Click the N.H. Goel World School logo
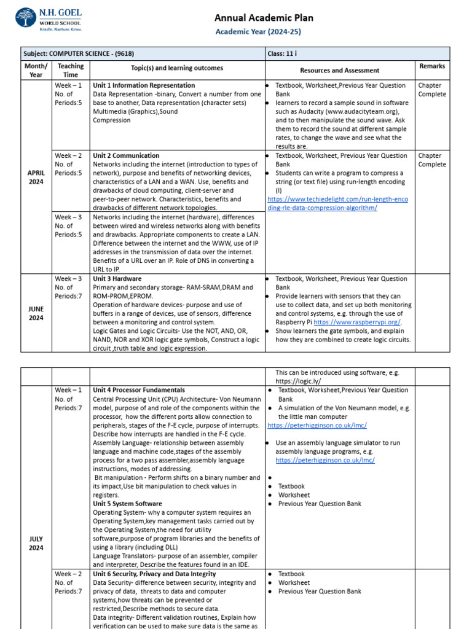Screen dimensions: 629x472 [x=49, y=19]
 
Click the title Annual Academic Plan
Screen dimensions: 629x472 [x=258, y=18]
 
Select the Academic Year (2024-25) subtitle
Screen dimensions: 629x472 [x=258, y=32]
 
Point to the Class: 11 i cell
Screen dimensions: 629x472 [x=285, y=53]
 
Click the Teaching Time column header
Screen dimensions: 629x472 [x=71, y=70]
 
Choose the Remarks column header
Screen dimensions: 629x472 [x=432, y=66]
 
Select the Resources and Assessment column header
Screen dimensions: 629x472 [x=339, y=71]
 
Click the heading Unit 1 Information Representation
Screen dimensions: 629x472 [x=144, y=85]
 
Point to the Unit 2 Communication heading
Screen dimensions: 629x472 [x=126, y=155]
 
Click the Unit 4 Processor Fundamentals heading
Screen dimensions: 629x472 [x=138, y=390]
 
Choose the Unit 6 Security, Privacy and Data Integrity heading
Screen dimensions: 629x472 [x=154, y=574]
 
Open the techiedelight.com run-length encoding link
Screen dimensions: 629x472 [x=337, y=203]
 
